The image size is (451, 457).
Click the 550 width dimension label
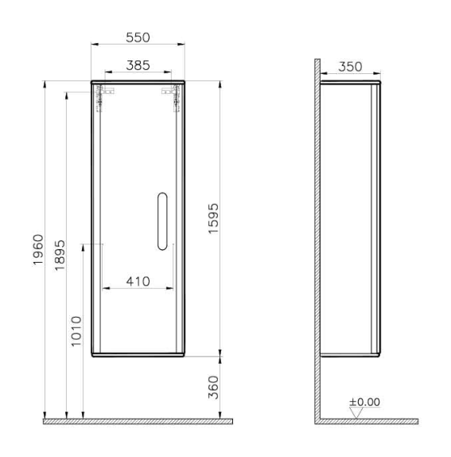[x=138, y=37]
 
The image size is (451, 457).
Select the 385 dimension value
[x=138, y=65]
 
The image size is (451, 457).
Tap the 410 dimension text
[x=138, y=282]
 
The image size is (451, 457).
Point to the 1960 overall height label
[x=38, y=249]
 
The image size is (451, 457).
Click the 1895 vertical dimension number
[x=60, y=256]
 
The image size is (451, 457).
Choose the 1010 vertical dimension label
[x=76, y=331]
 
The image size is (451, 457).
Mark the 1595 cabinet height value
[x=213, y=219]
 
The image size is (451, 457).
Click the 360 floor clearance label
[x=213, y=388]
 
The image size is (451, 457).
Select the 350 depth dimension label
[x=350, y=67]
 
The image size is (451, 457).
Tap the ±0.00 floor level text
[x=364, y=402]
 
